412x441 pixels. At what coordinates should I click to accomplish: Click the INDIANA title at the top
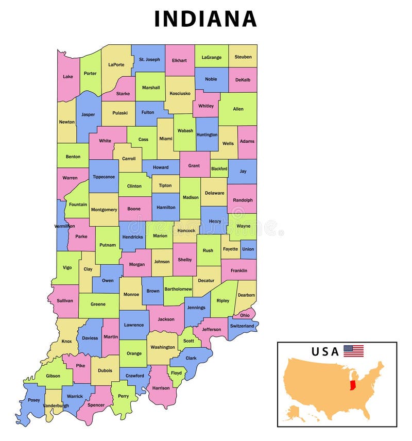(205, 19)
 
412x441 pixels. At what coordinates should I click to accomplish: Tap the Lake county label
(68, 77)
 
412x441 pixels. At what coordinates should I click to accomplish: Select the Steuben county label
(243, 57)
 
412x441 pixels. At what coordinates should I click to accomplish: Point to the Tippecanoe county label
(104, 177)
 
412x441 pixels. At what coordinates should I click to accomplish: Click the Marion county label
(160, 236)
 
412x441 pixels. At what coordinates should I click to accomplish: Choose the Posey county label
(33, 400)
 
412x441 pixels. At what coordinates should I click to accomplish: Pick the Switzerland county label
(242, 326)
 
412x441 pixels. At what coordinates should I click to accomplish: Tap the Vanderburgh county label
(56, 406)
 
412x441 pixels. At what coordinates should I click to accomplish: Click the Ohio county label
(245, 315)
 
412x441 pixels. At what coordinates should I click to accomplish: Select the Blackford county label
(219, 168)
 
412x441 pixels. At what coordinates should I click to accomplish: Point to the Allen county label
(238, 109)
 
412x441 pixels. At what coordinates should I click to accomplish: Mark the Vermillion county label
(64, 226)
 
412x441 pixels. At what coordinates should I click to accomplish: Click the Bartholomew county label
(178, 290)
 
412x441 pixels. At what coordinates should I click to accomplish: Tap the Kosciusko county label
(180, 94)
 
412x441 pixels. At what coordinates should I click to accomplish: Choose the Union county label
(248, 249)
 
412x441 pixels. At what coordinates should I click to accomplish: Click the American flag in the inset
(353, 351)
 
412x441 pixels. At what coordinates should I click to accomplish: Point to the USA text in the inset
(325, 352)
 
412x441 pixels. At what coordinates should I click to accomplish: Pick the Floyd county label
(177, 373)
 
